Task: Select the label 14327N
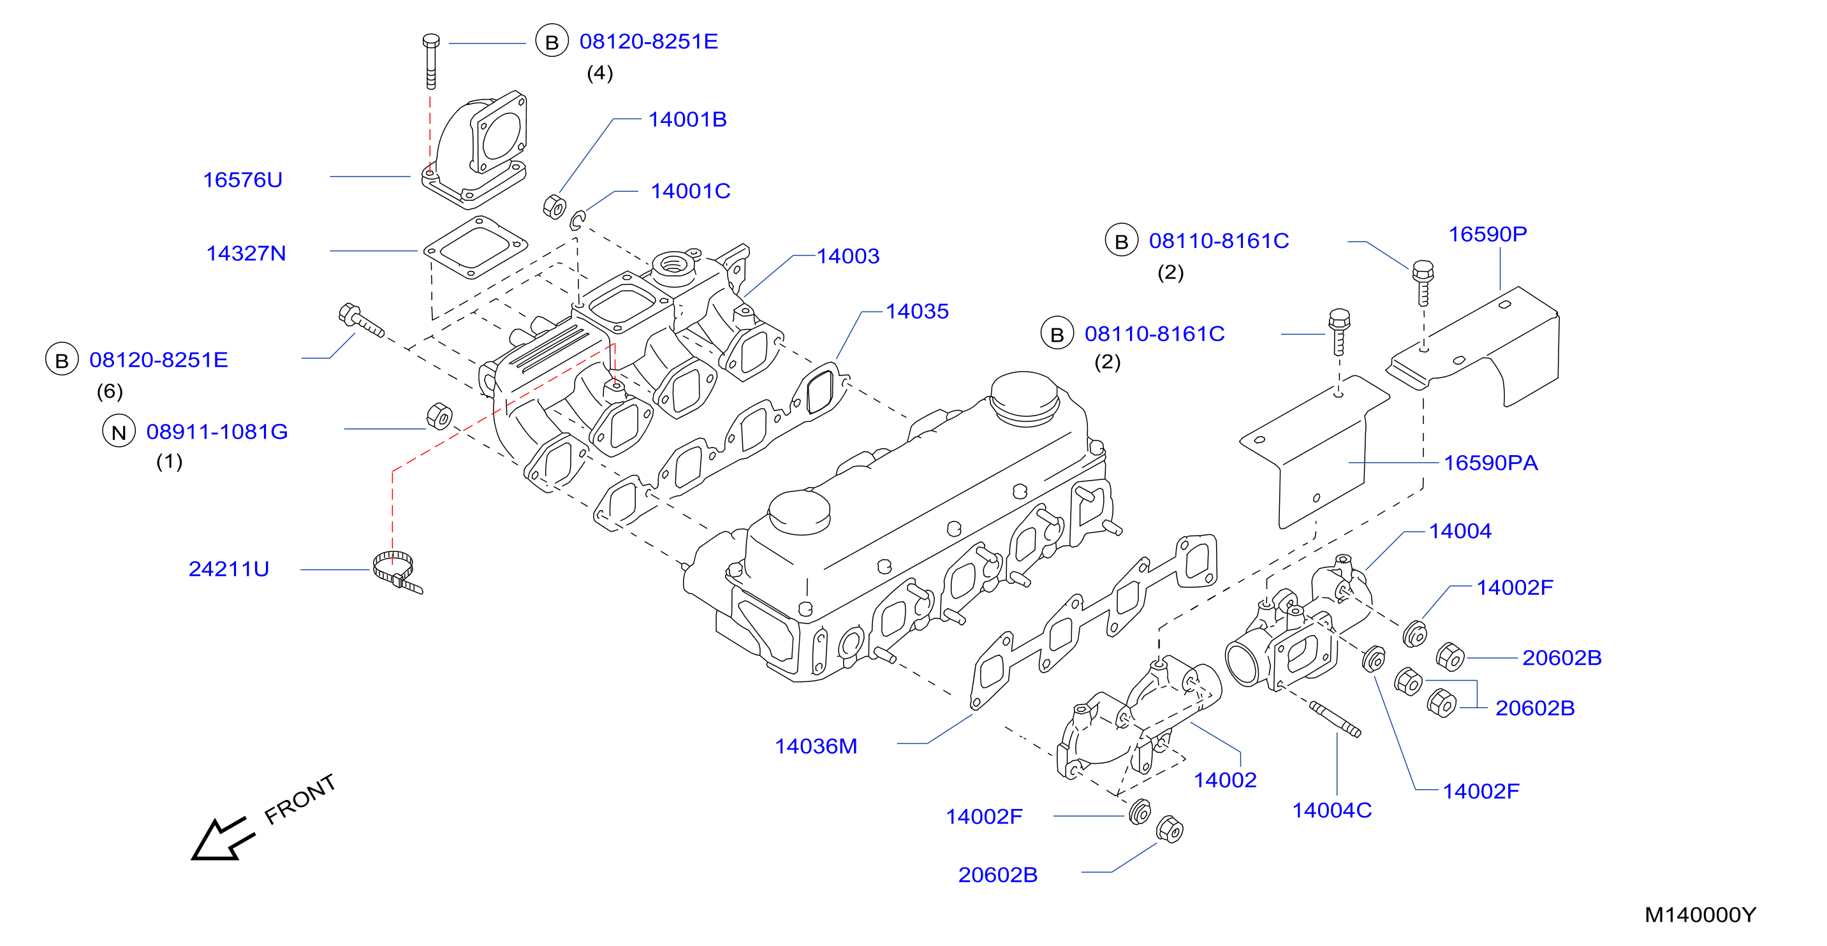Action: point(246,254)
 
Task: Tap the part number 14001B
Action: point(687,120)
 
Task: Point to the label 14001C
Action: point(690,191)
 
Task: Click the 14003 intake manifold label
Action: point(847,256)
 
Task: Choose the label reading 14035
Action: point(917,311)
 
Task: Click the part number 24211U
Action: point(229,569)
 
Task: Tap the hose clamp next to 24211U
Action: point(397,572)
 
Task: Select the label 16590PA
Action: point(1491,463)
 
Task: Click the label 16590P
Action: point(1487,234)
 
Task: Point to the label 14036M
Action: point(816,746)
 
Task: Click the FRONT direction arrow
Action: point(223,840)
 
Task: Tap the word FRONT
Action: point(299,799)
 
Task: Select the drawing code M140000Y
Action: point(1700,915)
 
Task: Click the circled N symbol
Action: point(119,431)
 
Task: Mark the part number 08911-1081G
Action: point(217,432)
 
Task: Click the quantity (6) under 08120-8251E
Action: point(110,391)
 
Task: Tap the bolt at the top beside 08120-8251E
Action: point(430,61)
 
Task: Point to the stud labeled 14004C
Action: point(1335,720)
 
